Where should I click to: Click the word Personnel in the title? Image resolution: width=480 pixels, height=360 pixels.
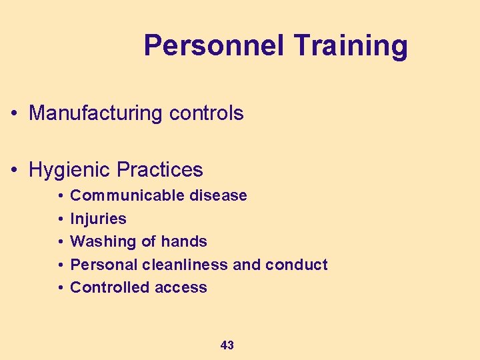(214, 46)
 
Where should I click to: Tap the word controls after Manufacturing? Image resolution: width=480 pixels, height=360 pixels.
(206, 113)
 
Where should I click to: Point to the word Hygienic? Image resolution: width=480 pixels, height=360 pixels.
(69, 170)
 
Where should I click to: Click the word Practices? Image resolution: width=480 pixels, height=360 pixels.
(159, 170)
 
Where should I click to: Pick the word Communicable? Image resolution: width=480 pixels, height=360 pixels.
(127, 195)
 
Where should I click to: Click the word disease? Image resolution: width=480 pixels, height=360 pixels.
(218, 195)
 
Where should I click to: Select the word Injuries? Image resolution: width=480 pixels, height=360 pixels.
(98, 219)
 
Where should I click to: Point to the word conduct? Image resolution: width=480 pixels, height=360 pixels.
(296, 265)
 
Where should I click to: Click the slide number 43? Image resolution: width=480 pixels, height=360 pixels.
(227, 345)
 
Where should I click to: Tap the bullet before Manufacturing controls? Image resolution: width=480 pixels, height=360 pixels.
(14, 114)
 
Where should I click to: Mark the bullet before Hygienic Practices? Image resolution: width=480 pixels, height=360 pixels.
(14, 171)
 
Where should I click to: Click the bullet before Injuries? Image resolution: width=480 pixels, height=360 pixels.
(60, 219)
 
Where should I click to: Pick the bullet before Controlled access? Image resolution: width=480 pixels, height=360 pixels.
(60, 288)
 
